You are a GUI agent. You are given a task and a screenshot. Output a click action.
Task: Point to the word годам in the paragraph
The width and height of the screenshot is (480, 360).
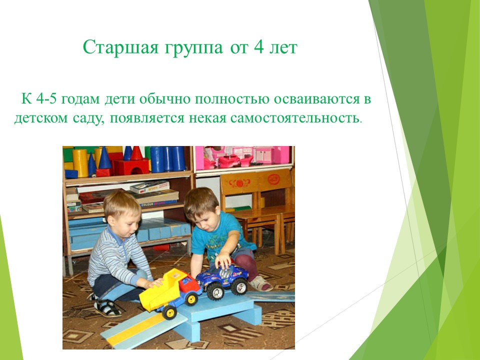[x=80, y=100]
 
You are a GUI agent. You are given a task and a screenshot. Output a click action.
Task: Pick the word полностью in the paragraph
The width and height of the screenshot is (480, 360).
[x=232, y=99]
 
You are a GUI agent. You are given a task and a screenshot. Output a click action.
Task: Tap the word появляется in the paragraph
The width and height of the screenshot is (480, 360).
[x=147, y=118]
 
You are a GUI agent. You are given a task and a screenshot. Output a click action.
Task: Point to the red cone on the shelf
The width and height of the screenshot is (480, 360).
[x=136, y=153]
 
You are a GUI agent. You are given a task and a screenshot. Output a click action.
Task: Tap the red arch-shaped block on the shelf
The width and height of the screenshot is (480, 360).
[x=131, y=167]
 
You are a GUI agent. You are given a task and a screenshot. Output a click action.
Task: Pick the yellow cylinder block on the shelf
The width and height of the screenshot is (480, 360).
[x=80, y=163]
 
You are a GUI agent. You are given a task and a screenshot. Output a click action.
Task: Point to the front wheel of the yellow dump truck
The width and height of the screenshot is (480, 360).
[x=169, y=312]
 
